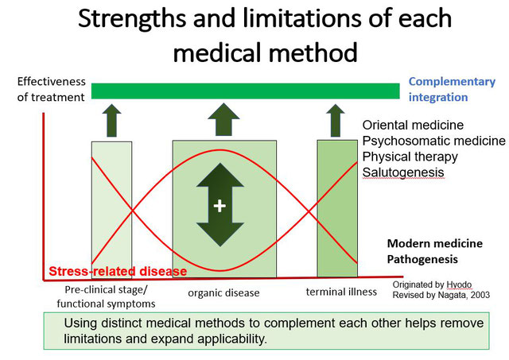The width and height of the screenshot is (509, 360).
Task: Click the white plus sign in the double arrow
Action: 220,206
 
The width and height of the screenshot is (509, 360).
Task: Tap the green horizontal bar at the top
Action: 246,91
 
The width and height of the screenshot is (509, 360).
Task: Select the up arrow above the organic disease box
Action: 223,119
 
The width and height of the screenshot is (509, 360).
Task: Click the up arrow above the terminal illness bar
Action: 336,120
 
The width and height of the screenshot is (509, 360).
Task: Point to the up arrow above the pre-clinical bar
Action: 111,120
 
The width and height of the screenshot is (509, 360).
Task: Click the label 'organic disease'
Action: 223,293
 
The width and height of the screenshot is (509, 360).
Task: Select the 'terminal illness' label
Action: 341,292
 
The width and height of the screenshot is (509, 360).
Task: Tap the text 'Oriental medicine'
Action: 413,125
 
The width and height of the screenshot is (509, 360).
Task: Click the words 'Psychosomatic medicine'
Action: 433,141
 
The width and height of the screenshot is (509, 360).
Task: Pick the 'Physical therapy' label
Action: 410,157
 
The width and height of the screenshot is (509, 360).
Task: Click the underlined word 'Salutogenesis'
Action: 403,172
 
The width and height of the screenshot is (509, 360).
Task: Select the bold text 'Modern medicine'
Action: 435,243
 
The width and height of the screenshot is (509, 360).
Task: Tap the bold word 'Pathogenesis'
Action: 422,259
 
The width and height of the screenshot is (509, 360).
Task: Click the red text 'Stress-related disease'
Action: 118,271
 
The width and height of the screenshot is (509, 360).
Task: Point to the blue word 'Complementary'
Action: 452,82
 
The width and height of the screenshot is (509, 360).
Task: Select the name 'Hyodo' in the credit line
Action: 459,285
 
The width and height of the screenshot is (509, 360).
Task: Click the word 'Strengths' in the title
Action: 132,19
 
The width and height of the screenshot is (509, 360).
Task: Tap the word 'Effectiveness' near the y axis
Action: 51,81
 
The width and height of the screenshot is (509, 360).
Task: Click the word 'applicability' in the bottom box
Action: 232,339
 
